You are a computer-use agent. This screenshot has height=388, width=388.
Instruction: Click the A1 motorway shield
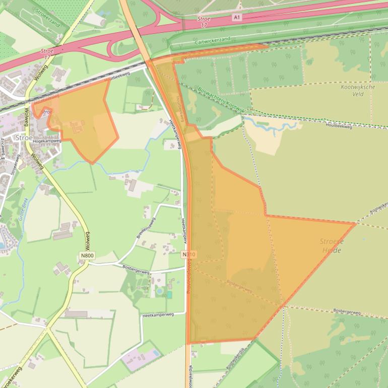tap(236, 17)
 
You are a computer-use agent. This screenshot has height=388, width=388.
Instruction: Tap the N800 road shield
tap(87, 256)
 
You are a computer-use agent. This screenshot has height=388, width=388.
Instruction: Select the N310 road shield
tap(189, 254)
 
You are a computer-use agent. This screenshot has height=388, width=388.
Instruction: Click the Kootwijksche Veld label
tap(358, 90)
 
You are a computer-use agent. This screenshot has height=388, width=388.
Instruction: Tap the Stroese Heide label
tap(331, 245)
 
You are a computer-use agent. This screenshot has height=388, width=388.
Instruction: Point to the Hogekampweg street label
tap(47, 141)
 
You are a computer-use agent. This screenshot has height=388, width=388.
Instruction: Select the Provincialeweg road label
tap(189, 278)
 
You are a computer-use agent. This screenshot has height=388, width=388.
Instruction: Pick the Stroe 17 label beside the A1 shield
tap(204, 21)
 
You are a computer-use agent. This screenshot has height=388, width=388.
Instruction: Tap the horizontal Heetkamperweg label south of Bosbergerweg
tap(158, 314)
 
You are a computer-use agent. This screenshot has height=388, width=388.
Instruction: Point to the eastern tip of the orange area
tap(355, 223)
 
